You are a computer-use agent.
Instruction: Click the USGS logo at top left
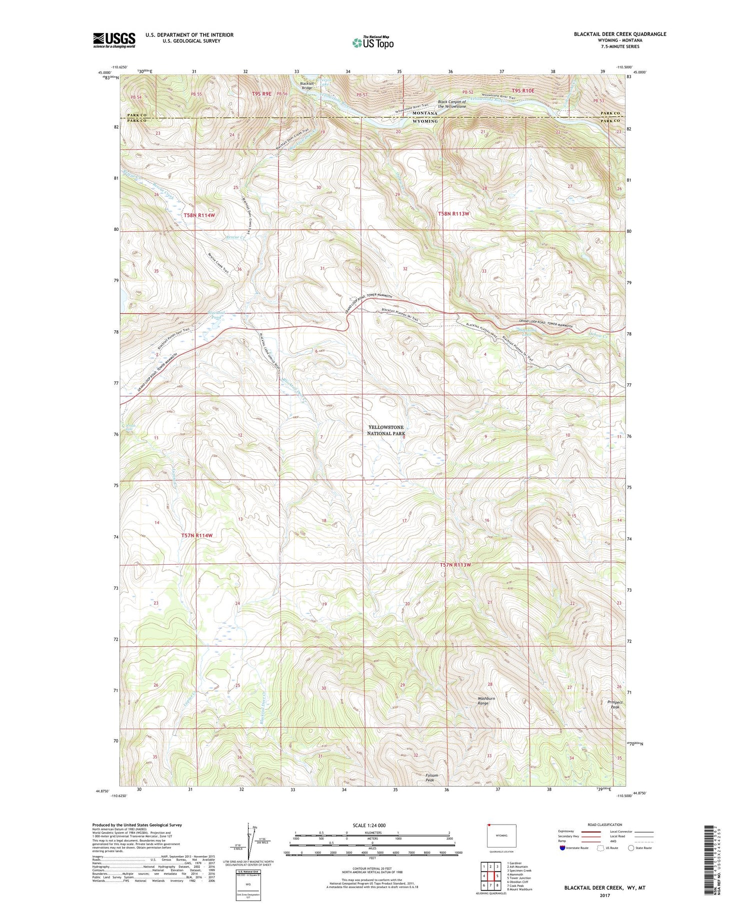pos(114,40)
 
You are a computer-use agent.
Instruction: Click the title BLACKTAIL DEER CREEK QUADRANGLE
pos(620,34)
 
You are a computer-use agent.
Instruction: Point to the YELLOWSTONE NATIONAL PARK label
pos(386,430)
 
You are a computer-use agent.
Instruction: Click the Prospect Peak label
pos(614,704)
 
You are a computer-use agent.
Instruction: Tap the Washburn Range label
pos(485,701)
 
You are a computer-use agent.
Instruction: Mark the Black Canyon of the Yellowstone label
pos(451,104)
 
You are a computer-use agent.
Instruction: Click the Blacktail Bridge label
pos(306,85)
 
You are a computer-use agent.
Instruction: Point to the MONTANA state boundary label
pos(424,113)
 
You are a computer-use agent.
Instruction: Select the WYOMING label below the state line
pos(425,121)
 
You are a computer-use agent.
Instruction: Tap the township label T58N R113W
pos(454,213)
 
